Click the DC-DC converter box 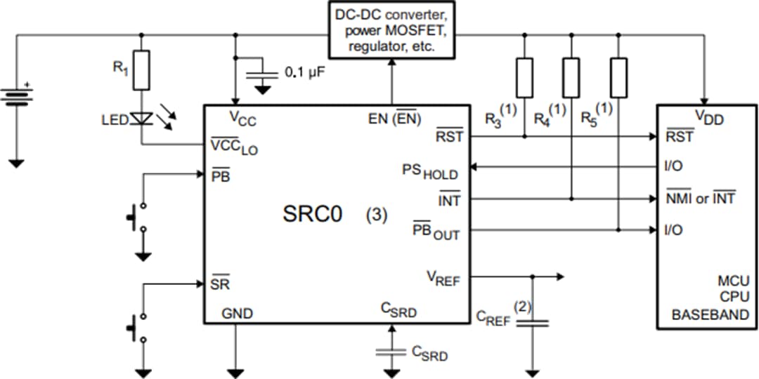tap(391, 30)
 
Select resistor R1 tap(142, 70)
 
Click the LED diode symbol tap(142, 120)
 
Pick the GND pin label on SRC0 tap(237, 313)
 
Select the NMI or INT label tap(700, 199)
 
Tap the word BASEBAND tap(710, 315)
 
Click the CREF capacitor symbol tap(532, 323)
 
